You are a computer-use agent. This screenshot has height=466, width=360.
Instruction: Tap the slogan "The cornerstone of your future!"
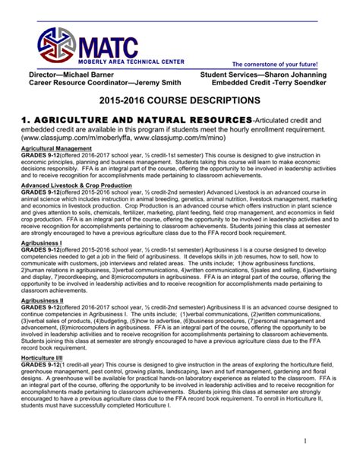click(x=279, y=65)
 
